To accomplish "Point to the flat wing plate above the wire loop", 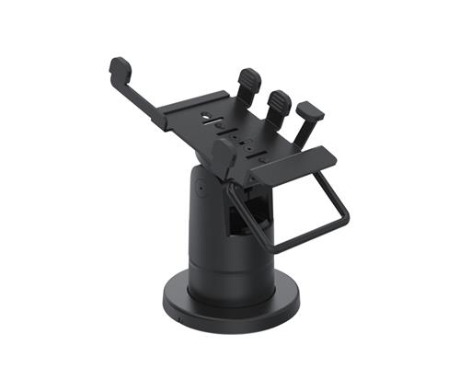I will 293,164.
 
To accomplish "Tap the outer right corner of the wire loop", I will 347,217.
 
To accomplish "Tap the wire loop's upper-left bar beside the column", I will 237,189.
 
